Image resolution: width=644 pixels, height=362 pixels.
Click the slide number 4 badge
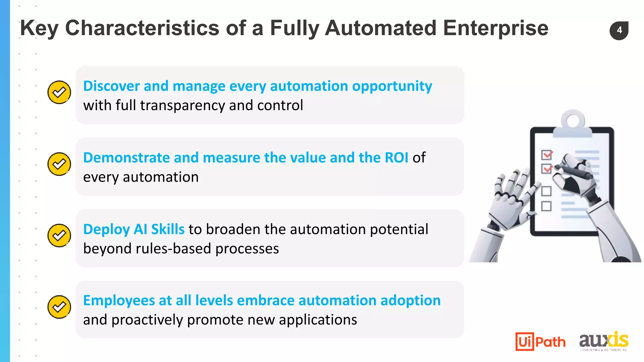(x=619, y=30)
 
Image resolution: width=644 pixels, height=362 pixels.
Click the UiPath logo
(x=540, y=341)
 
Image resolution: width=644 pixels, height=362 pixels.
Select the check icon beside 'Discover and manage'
(x=59, y=92)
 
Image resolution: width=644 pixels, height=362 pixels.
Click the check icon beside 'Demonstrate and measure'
(x=59, y=164)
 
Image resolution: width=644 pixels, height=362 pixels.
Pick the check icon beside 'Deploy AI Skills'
(x=59, y=235)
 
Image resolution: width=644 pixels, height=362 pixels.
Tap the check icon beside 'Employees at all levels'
(x=59, y=307)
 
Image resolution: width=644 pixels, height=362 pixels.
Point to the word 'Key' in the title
(x=39, y=28)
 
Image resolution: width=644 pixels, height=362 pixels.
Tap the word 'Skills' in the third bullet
(x=168, y=229)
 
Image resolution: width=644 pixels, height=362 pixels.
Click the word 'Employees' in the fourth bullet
(x=119, y=301)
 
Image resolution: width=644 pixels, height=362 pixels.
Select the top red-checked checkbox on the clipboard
(x=547, y=155)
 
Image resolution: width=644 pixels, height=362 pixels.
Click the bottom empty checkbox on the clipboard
(x=546, y=206)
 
